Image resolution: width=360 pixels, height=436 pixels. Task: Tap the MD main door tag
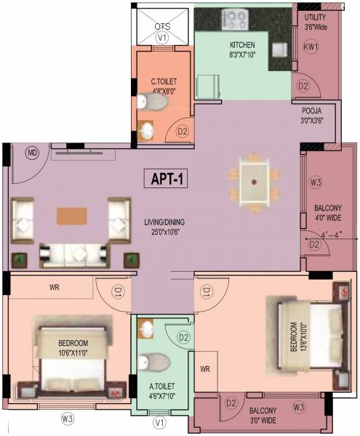[32, 153]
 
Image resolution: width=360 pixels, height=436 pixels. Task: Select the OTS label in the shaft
[161, 27]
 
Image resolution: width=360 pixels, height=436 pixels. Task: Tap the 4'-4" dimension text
[330, 235]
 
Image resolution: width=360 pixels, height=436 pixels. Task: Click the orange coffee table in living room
[71, 215]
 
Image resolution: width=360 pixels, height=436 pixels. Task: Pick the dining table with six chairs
[253, 179]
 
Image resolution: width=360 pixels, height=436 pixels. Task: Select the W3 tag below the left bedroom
[67, 419]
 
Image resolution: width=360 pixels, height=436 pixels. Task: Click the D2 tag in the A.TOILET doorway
[184, 338]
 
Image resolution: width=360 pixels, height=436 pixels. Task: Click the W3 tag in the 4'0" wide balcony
[315, 182]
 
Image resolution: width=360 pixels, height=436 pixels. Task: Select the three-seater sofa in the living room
[71, 253]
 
